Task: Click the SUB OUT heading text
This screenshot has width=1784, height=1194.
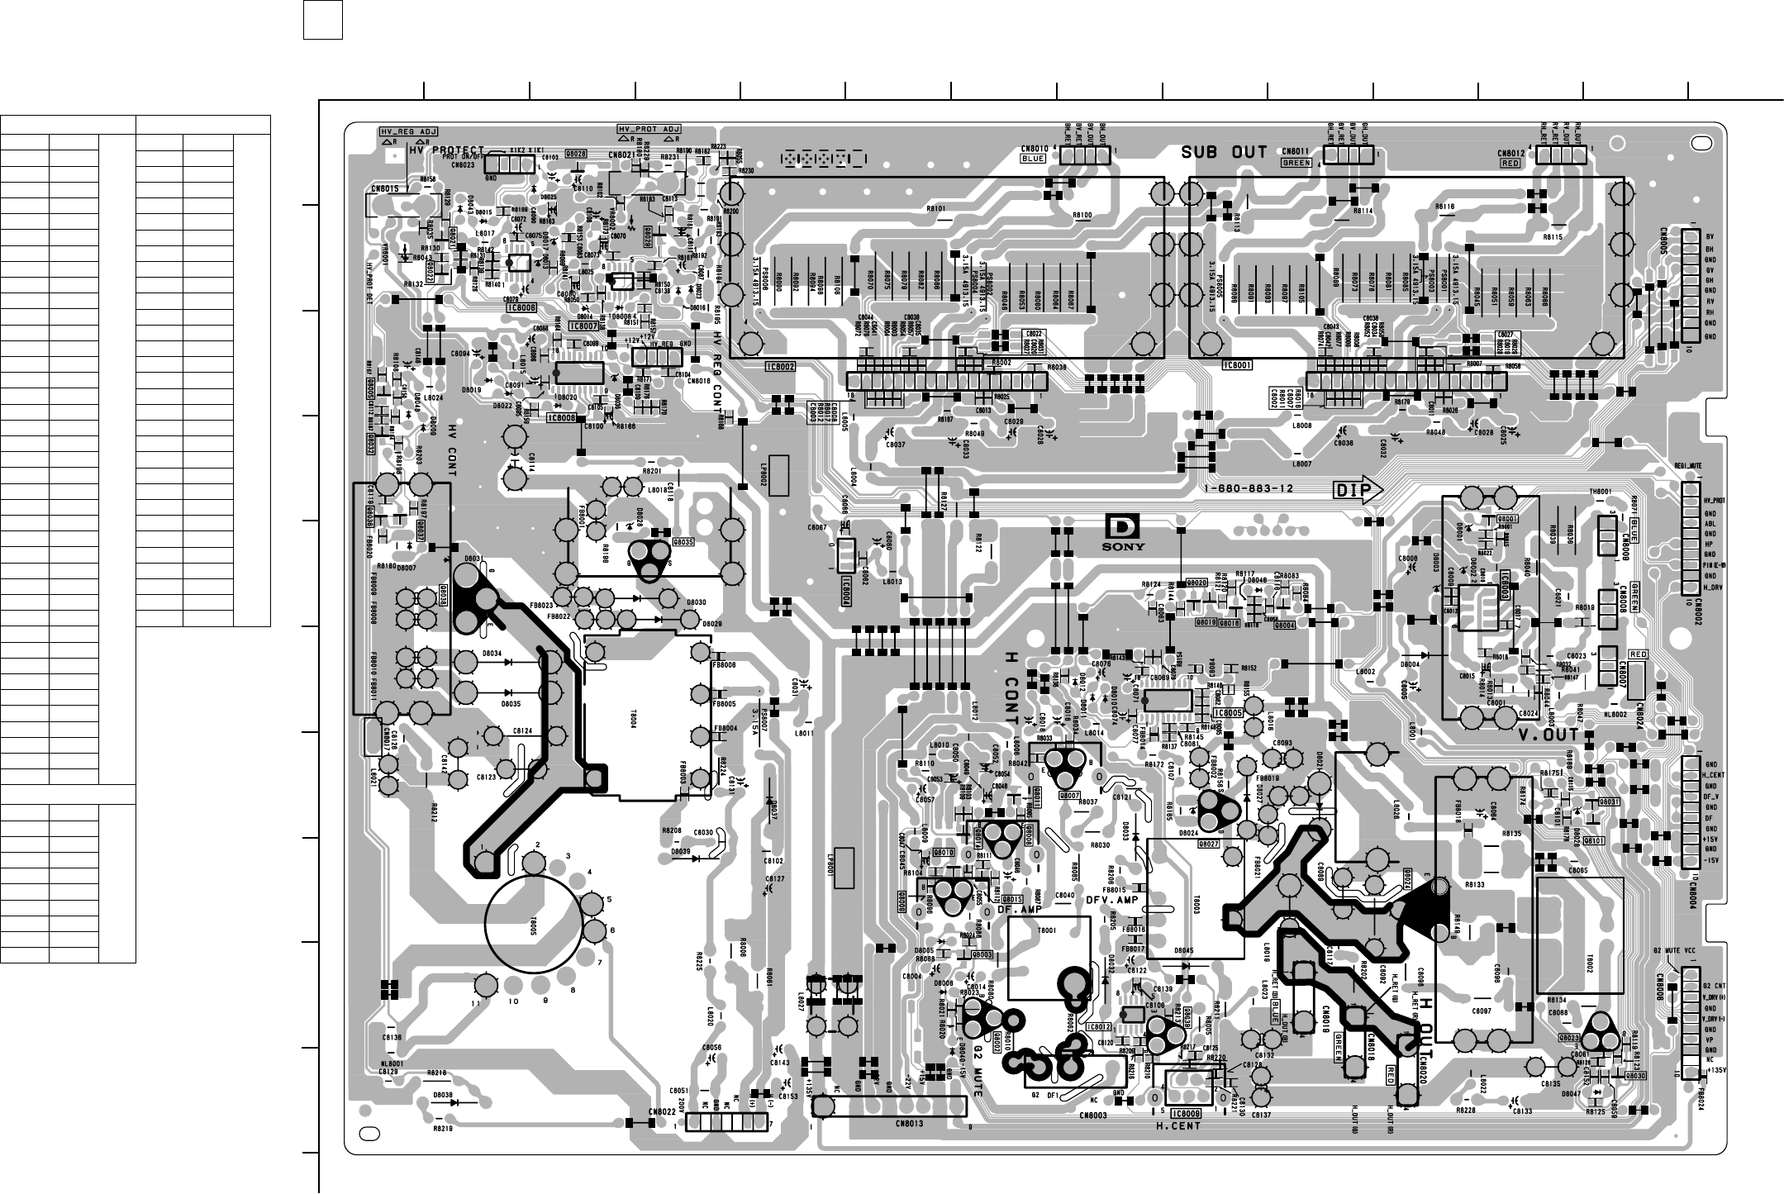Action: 1224,152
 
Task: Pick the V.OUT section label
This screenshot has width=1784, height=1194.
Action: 1549,735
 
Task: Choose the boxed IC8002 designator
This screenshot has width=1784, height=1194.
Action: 780,364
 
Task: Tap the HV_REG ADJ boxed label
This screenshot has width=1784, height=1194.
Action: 408,131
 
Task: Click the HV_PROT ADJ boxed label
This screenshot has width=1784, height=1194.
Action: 649,130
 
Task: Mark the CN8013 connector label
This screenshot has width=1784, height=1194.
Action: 909,1124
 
